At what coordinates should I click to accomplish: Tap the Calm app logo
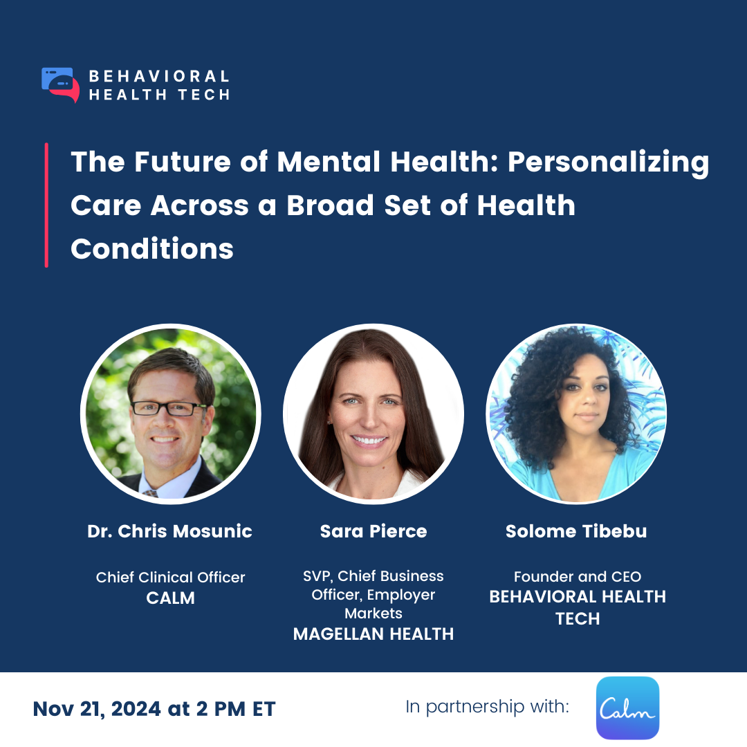pos(627,708)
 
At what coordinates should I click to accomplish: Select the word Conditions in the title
pos(152,248)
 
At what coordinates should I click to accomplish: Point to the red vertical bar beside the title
pos(46,205)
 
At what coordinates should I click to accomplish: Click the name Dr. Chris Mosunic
pos(169,531)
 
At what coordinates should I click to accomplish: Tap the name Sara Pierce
pos(373,531)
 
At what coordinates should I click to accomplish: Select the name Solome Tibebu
pos(577,531)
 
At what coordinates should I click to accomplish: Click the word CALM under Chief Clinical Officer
pos(170,598)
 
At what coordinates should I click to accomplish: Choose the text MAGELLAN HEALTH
pos(373,634)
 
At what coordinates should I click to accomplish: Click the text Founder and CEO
pos(577,576)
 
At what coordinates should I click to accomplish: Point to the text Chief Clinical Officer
pos(170,577)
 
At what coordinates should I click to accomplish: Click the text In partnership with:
pos(487,707)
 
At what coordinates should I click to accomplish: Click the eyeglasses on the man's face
pos(168,408)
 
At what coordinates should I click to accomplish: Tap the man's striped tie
pos(149,493)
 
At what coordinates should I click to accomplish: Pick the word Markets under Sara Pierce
pos(373,614)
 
